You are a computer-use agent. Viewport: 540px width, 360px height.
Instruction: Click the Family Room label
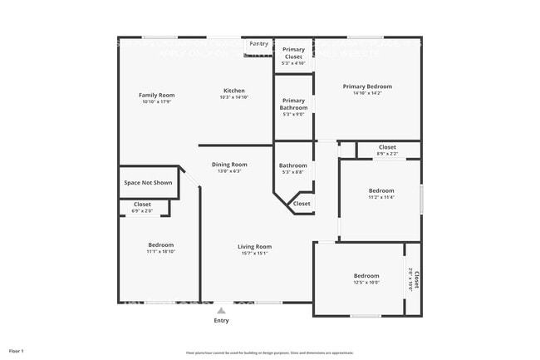pos(156,96)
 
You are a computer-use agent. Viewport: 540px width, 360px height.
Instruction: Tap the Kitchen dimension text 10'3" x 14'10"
pos(233,98)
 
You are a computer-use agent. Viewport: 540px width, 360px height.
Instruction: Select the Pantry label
pos(259,43)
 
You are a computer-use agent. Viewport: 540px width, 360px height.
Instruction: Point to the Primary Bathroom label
pos(293,104)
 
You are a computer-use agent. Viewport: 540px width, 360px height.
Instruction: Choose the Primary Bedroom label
pos(367,86)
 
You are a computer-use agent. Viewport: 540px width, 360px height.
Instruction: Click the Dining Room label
pos(229,165)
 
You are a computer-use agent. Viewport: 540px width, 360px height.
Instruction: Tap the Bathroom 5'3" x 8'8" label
pos(293,165)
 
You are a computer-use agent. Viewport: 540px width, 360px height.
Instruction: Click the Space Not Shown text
pos(148,183)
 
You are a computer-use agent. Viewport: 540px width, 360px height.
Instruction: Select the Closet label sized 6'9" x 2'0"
pos(142,204)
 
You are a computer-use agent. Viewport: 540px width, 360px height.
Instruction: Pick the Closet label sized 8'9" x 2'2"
pos(387,147)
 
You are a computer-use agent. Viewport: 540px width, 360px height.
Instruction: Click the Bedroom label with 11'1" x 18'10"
pos(160,245)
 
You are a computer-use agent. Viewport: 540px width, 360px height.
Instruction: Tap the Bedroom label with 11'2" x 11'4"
pos(381,190)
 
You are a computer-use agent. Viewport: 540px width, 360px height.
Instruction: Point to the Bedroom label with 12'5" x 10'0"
pos(366,276)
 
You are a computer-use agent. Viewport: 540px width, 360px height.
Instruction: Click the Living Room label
pos(254,247)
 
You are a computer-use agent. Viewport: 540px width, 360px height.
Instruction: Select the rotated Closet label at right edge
pos(416,279)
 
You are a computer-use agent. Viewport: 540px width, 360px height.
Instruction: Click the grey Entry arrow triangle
pos(221,311)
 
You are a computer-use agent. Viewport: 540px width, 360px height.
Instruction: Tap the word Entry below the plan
pos(221,320)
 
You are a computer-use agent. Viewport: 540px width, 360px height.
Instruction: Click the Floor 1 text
pos(17,352)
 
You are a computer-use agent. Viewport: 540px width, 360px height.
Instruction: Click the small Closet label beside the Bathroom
pos(302,204)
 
